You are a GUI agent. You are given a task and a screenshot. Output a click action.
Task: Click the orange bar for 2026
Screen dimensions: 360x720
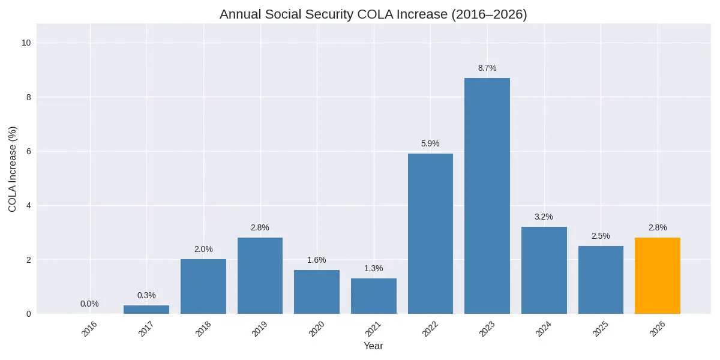657,276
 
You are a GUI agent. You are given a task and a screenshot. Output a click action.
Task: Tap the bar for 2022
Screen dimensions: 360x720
430,234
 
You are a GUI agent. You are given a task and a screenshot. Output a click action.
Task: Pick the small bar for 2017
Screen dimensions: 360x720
146,310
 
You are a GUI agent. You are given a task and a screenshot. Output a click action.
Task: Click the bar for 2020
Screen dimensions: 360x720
317,292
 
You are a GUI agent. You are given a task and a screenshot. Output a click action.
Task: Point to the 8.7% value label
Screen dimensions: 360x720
487,68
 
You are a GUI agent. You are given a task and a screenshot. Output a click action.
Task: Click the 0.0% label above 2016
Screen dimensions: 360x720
89,304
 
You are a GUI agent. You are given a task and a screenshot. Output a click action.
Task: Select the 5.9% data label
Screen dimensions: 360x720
430,144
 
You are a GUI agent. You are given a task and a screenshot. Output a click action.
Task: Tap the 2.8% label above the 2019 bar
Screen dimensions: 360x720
260,228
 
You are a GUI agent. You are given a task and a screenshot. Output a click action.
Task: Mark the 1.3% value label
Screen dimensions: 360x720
373,269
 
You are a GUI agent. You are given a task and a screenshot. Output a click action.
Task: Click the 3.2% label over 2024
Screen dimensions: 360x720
544,217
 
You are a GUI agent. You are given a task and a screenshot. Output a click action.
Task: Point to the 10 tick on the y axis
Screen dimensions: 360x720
27,43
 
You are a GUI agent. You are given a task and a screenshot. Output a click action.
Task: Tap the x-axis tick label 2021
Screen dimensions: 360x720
374,329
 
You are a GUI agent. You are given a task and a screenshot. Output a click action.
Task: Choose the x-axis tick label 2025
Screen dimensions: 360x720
601,329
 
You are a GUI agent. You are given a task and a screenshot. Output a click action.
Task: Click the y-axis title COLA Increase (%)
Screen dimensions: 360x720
13,169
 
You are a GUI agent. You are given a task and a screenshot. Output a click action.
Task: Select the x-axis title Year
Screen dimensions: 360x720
373,346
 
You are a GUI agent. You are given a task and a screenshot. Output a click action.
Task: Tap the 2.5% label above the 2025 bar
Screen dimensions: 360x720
601,236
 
